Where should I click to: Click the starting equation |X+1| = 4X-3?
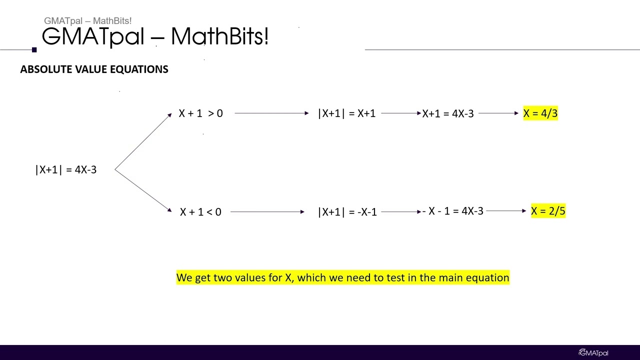(x=66, y=170)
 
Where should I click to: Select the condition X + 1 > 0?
(x=200, y=113)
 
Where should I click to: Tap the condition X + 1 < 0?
(x=200, y=212)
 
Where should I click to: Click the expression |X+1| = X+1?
(x=346, y=113)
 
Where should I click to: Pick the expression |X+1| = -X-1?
(x=347, y=212)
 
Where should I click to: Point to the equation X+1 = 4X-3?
(x=448, y=113)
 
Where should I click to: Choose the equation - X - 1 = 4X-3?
(x=453, y=211)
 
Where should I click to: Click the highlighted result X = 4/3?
(x=540, y=113)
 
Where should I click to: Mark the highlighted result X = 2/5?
(x=548, y=211)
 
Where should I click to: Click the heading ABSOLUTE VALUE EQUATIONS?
(x=94, y=69)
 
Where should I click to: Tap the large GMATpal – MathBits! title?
(x=155, y=36)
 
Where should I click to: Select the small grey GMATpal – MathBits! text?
(x=87, y=21)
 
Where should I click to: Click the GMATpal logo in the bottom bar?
(x=593, y=353)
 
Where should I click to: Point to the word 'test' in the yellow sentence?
(x=395, y=277)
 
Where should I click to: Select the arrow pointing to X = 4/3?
(x=498, y=113)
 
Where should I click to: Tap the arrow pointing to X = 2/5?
(x=505, y=211)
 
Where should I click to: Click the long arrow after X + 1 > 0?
(x=271, y=113)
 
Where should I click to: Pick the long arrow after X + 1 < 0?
(x=267, y=212)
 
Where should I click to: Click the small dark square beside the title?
(x=34, y=49)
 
